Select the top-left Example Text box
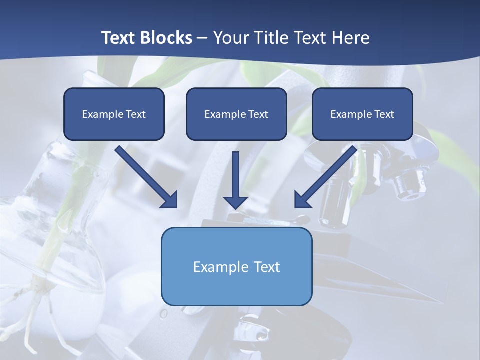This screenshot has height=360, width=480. (x=114, y=114)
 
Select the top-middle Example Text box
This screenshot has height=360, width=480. (x=236, y=114)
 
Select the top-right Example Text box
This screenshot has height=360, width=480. (x=362, y=114)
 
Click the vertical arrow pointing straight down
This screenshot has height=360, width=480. (x=235, y=175)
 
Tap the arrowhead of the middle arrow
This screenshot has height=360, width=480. (x=235, y=202)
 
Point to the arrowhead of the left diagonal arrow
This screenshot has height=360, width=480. (x=170, y=199)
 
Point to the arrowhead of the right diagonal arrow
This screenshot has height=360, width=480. (x=302, y=199)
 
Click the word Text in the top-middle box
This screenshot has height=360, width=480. (x=258, y=114)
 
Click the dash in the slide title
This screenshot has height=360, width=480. (x=202, y=38)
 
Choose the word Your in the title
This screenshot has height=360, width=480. (x=231, y=38)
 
